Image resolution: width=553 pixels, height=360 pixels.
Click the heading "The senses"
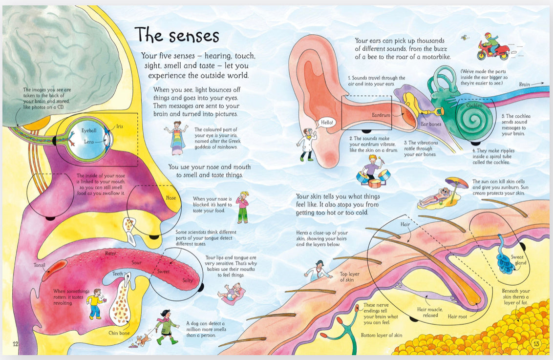177,35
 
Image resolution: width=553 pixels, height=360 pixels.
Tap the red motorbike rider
493,46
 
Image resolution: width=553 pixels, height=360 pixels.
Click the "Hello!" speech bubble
327,122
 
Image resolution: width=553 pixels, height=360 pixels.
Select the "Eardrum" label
381,115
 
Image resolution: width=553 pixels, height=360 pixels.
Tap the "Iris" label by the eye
120,126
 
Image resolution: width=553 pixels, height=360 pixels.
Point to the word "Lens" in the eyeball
89,142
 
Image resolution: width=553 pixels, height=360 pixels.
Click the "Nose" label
171,198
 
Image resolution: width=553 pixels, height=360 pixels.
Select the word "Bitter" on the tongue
111,254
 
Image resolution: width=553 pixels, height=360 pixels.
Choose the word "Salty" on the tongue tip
188,280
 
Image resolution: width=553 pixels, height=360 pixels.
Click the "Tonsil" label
40,265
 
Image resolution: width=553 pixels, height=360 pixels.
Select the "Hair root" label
457,317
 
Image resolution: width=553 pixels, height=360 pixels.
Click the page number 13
536,344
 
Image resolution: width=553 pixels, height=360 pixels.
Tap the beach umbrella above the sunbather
457,186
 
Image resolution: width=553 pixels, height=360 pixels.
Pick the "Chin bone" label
119,333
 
